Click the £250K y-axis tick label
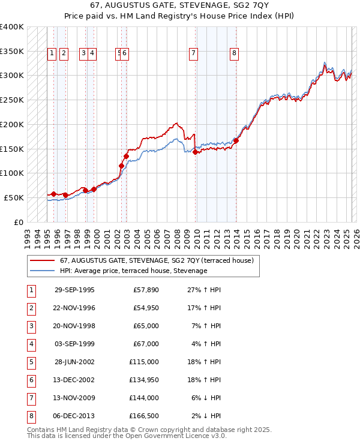[12, 100]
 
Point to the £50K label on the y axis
[14, 197]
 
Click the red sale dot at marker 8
[236, 141]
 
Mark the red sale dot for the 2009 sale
[196, 152]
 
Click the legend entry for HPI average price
[133, 271]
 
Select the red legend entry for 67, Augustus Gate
[157, 260]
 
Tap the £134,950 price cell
[144, 380]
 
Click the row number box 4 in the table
[31, 344]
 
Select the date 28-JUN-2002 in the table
[74, 362]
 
